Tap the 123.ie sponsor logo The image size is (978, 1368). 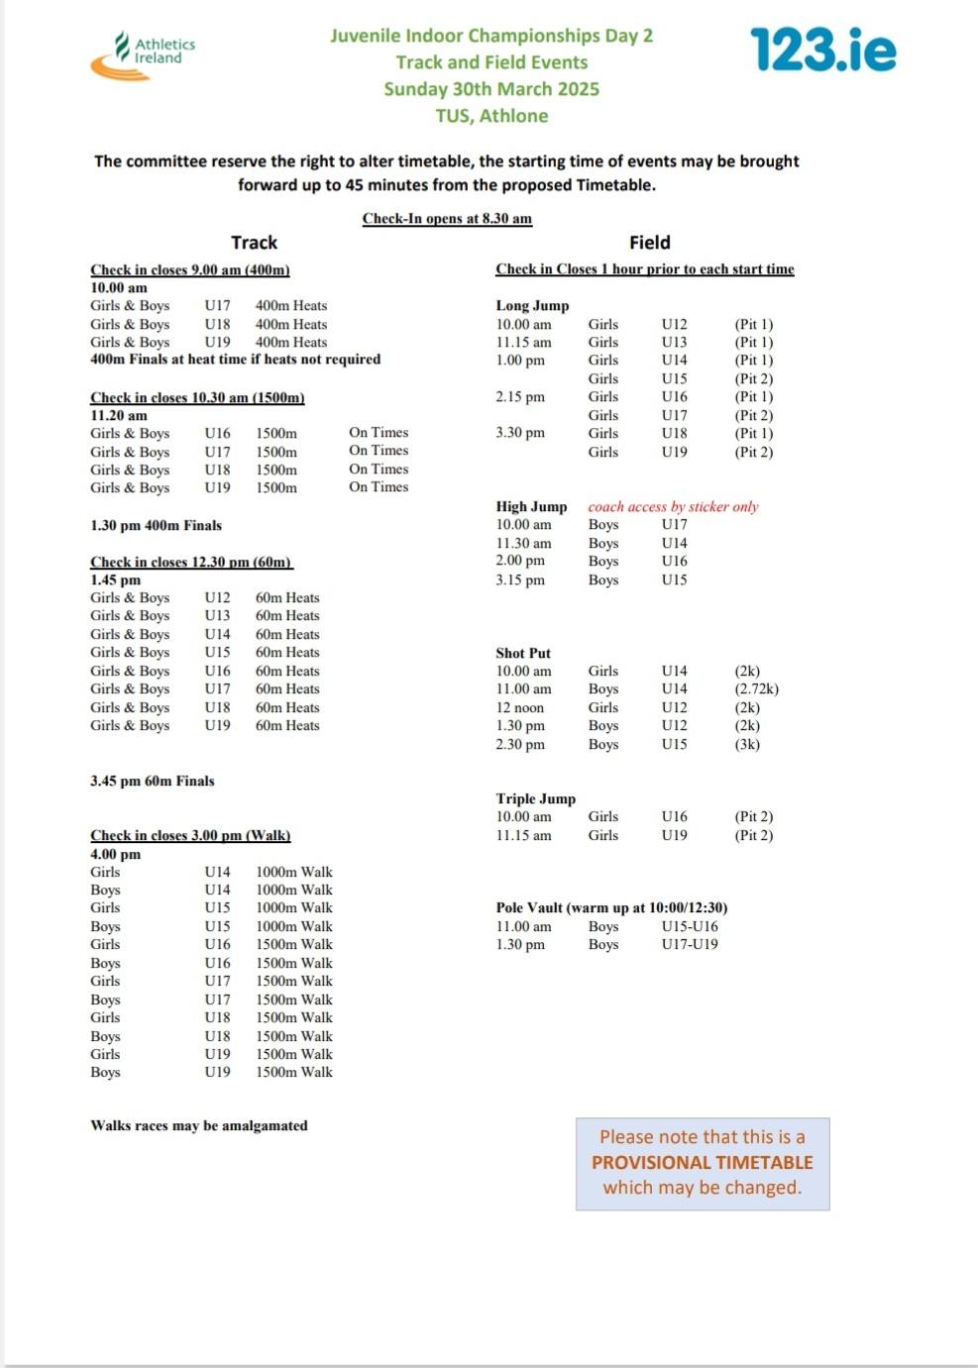[822, 50]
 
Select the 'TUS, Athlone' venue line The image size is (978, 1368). [491, 116]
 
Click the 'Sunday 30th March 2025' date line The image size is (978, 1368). [491, 89]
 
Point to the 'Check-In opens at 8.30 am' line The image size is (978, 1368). [447, 219]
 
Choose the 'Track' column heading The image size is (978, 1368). [254, 243]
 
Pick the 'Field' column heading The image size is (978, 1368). [649, 243]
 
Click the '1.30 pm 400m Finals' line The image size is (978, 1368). [156, 526]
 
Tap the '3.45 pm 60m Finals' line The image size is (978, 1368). [152, 782]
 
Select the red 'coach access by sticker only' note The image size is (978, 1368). [673, 507]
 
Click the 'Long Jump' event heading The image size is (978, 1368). [532, 306]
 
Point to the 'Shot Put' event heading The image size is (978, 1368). [523, 654]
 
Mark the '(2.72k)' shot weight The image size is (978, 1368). [756, 689]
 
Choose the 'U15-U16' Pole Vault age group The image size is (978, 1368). [690, 927]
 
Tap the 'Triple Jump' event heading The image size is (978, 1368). [535, 799]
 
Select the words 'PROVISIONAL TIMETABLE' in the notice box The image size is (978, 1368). [702, 1163]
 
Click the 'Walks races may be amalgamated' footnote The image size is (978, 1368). [198, 1126]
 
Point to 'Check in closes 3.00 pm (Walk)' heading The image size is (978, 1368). [190, 836]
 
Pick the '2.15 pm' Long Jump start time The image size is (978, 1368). [520, 397]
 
